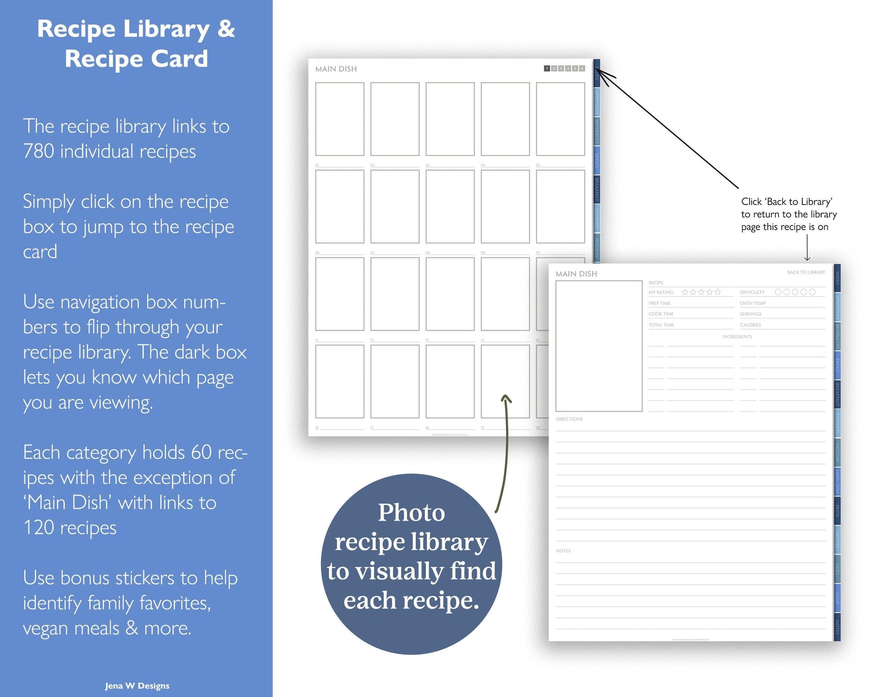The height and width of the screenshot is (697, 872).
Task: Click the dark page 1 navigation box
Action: coord(547,68)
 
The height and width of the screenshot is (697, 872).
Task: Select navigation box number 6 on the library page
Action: coord(582,68)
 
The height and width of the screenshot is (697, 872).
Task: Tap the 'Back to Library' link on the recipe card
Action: coord(806,272)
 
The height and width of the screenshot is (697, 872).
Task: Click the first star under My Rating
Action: coord(684,292)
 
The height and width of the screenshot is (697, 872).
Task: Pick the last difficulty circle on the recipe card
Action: coord(812,292)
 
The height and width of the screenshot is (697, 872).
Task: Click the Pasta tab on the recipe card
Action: coord(837,510)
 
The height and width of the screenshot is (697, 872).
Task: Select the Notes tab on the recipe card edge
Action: coord(837,627)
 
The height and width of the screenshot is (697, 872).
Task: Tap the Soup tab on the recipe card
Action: coord(837,598)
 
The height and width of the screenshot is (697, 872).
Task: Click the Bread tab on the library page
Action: coord(597,160)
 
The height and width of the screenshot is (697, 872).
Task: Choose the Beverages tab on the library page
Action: coord(597,131)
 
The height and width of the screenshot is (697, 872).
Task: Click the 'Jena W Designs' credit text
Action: coord(137,686)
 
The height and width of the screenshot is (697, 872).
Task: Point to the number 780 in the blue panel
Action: coord(39,151)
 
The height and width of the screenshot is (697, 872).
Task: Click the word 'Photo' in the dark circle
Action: coord(411,512)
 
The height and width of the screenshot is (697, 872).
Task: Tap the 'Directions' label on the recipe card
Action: coord(569,419)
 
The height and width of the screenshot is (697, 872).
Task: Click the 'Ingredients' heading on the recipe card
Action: coord(737,337)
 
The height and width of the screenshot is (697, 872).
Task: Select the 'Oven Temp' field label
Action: coord(753,303)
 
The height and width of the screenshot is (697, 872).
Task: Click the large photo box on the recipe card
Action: coord(599,346)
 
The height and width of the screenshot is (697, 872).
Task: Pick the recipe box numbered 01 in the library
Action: coord(340,119)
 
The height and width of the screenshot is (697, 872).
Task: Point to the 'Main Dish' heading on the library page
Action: coord(336,69)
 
